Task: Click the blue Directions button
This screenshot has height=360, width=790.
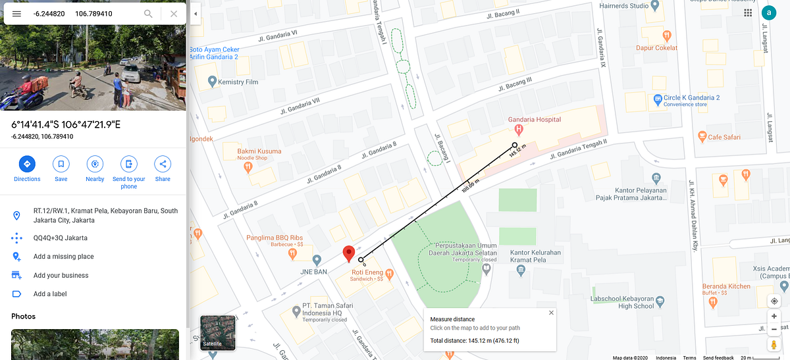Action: point(27,164)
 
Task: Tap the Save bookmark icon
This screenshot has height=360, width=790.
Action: point(61,164)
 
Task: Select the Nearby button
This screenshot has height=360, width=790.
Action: point(95,164)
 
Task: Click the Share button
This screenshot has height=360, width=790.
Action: point(163,164)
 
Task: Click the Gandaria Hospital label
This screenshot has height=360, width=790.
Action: point(534,120)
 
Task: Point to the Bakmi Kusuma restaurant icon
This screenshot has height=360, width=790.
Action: point(248,167)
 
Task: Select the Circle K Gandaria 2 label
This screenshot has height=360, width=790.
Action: point(691,98)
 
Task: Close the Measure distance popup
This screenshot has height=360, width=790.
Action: point(551,313)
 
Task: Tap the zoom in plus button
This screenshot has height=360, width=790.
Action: point(774,316)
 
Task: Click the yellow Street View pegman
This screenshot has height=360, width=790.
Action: point(774,344)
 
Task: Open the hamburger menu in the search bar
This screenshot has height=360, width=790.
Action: point(16,13)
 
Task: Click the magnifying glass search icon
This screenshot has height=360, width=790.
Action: point(148,13)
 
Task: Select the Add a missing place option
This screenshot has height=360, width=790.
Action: point(63,257)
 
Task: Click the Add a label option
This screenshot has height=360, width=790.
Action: point(50,294)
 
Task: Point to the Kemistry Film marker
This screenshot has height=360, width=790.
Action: point(212,82)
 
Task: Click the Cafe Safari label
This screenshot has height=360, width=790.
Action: point(724,137)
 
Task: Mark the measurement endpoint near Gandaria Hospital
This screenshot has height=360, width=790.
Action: point(514,145)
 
